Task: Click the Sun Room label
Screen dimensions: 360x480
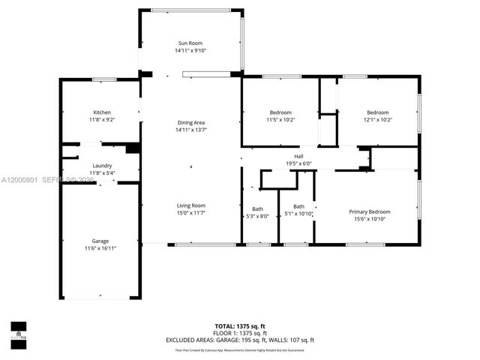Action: (x=190, y=43)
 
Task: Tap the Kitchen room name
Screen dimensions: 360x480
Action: (x=102, y=112)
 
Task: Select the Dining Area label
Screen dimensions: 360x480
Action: (x=190, y=122)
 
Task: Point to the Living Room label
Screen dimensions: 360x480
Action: (x=190, y=205)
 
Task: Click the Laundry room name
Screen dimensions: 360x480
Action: (x=102, y=166)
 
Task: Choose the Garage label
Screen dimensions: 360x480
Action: (x=100, y=240)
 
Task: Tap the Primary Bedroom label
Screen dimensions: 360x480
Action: (x=370, y=211)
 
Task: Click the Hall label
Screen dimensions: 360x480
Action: (x=298, y=156)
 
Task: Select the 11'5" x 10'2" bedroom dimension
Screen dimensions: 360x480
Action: (x=280, y=120)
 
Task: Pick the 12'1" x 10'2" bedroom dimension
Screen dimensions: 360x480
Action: (x=378, y=120)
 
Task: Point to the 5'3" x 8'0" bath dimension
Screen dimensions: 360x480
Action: (x=258, y=216)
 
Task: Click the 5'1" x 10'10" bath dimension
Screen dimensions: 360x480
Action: (x=298, y=214)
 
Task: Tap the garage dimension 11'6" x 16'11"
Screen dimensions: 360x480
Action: (x=100, y=247)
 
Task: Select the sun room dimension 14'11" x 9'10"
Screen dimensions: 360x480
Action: (x=190, y=51)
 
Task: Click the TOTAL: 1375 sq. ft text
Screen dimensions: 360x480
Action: (x=240, y=326)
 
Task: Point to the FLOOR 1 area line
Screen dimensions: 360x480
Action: (x=240, y=333)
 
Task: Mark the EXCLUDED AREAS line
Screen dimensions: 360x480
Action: (x=240, y=340)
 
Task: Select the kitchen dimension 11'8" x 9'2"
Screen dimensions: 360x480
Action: (x=102, y=120)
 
